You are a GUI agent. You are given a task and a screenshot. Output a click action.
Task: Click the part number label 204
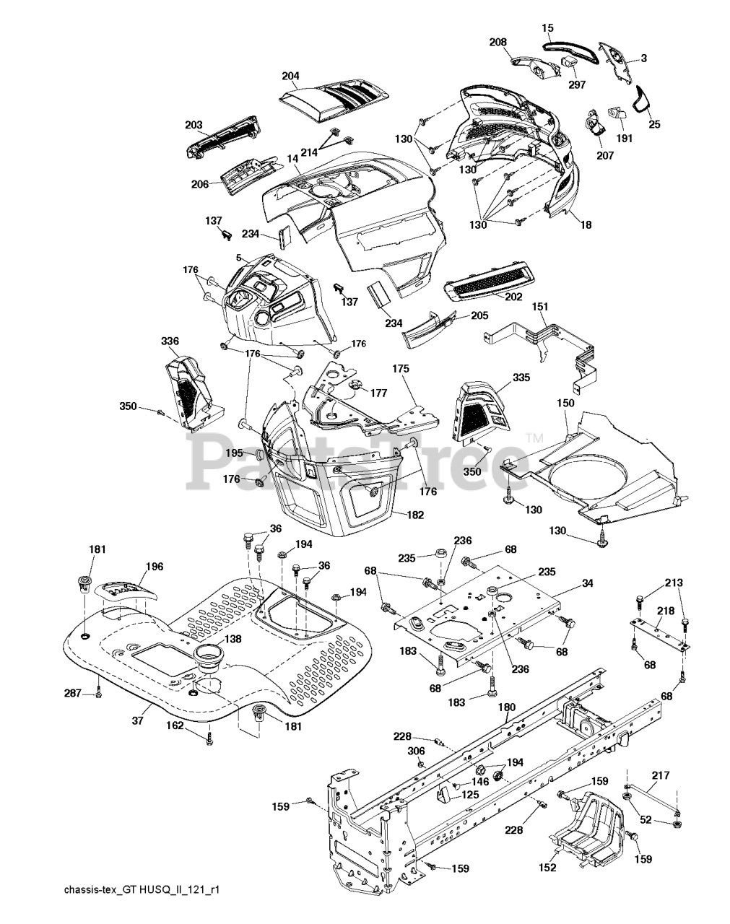(x=291, y=76)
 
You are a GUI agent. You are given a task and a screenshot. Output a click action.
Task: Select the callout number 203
(x=194, y=125)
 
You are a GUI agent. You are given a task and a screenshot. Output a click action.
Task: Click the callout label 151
(x=540, y=306)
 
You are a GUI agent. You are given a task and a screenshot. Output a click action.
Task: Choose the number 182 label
(x=415, y=515)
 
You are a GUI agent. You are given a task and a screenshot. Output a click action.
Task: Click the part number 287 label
(x=72, y=693)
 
